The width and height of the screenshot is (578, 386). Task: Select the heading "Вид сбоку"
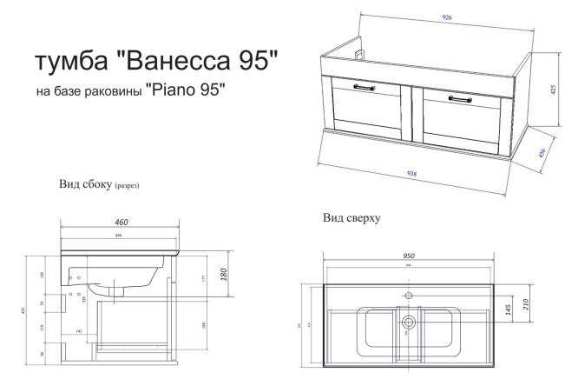pos(85,184)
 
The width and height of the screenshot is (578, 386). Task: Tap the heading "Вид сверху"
pos(351,217)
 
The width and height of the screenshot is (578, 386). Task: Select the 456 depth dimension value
pos(543,155)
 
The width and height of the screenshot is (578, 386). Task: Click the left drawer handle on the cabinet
pos(365,88)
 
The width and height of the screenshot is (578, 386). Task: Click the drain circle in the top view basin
pos(409,322)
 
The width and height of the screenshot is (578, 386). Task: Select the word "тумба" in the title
pos(70,63)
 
